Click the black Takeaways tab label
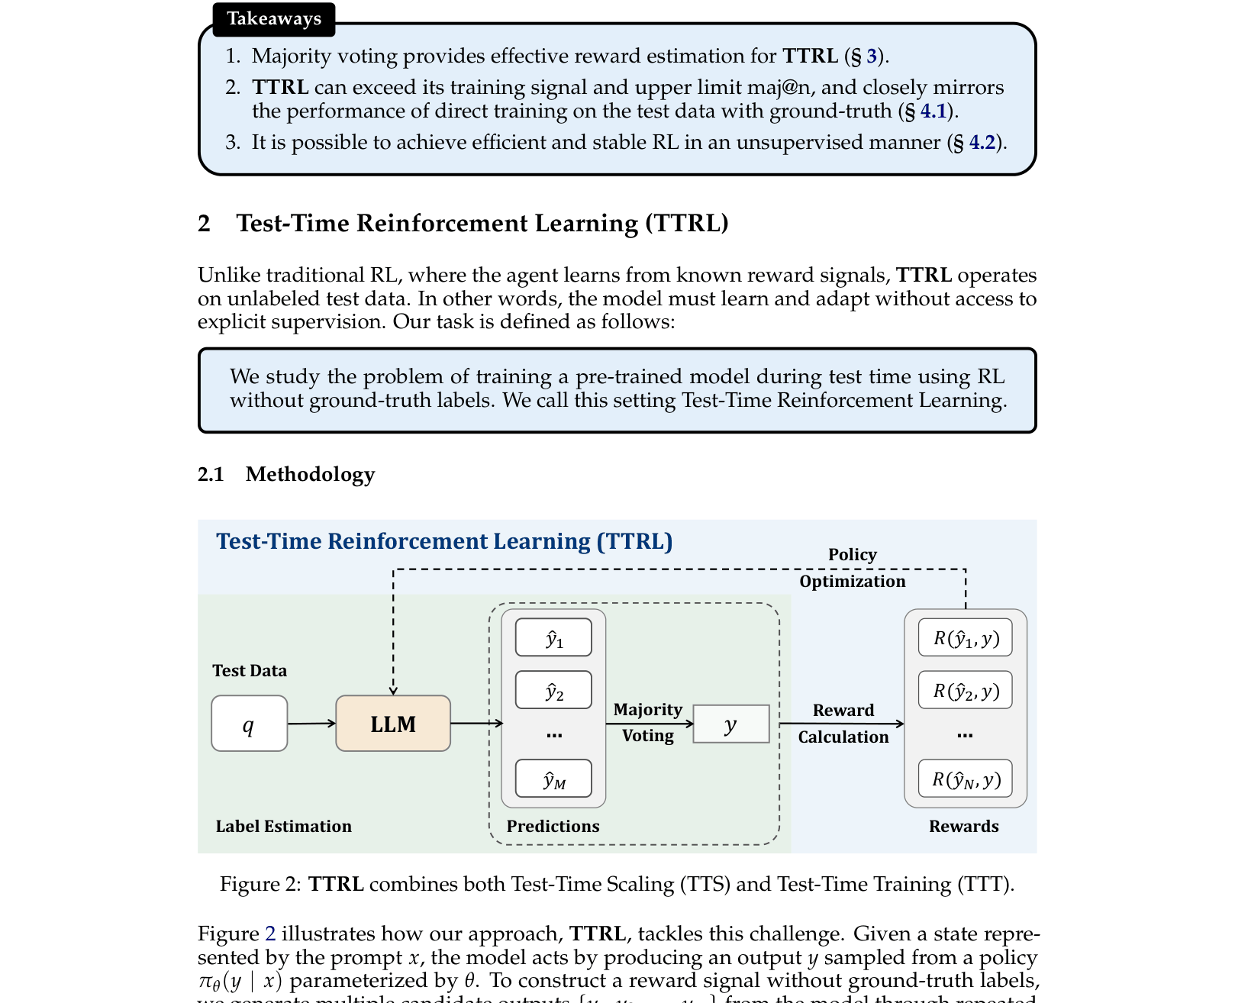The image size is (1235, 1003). (274, 19)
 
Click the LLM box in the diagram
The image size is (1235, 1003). (393, 724)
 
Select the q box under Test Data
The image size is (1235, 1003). (249, 724)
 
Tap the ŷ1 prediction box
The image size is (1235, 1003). (553, 637)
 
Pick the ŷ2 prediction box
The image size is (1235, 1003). (553, 690)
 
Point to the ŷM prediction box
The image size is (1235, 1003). (553, 779)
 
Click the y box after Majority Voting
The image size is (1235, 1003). (730, 724)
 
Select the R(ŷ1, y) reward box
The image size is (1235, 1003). (966, 637)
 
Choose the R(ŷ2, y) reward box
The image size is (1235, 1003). (966, 690)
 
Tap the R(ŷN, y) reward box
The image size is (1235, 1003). (966, 779)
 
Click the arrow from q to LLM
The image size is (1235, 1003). (311, 723)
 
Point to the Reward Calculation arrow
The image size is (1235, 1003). (841, 723)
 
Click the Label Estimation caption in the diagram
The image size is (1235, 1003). (283, 826)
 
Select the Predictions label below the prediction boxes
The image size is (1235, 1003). (553, 826)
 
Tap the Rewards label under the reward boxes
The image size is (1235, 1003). (963, 826)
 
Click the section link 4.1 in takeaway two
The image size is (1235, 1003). (933, 111)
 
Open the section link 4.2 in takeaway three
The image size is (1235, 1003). (982, 143)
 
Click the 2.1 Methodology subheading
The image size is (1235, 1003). (286, 474)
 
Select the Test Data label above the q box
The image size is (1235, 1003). (250, 670)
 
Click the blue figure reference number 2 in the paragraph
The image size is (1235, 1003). (270, 934)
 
